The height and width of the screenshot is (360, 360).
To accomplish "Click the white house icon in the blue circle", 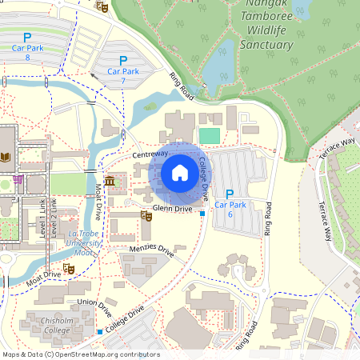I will click(179, 173).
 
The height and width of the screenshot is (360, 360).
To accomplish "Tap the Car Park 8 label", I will click(27, 52).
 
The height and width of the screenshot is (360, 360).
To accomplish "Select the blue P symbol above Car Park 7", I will click(122, 61).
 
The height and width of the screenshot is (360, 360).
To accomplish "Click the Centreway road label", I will click(150, 153).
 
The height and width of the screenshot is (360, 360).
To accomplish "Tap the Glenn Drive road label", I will click(172, 209).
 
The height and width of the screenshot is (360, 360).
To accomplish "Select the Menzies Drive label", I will click(151, 251).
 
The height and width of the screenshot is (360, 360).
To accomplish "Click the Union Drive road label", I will click(94, 303).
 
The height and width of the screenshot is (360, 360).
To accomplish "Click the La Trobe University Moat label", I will click(84, 237).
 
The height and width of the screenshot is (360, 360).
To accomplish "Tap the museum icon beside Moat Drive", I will click(109, 183).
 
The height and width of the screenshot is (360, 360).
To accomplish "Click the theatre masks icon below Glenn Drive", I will click(146, 216).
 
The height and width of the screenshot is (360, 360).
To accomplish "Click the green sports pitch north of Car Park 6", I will click(209, 136).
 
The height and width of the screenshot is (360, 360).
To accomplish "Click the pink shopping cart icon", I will click(16, 179).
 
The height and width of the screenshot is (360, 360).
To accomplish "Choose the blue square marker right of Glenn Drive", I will click(202, 214).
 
